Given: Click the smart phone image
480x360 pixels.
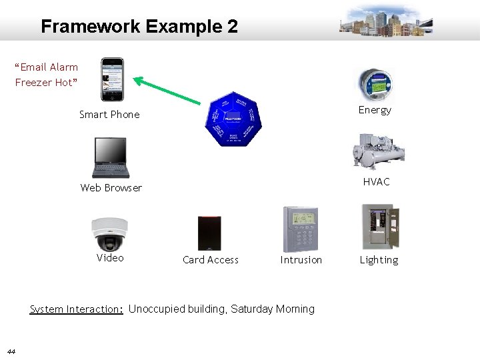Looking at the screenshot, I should (111, 79).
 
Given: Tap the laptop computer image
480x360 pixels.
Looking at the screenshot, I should (110, 157).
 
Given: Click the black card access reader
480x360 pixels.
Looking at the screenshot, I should (209, 233).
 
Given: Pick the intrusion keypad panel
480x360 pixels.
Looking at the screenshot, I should (301, 228).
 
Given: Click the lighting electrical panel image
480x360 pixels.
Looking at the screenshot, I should (380, 227).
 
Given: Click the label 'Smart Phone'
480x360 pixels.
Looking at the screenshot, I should (109, 115).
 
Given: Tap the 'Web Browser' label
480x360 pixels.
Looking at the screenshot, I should (111, 188).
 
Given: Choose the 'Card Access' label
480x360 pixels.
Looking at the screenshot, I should (210, 260).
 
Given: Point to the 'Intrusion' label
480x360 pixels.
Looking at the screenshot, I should (301, 260).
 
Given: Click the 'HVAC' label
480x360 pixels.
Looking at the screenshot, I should (376, 182).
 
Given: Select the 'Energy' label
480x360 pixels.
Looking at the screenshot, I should (374, 110).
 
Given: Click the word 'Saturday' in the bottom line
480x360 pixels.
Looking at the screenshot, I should (251, 309).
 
